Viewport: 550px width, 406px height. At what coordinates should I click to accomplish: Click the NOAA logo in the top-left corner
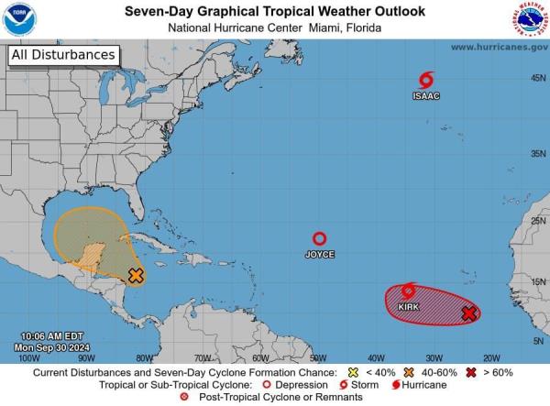[18, 19]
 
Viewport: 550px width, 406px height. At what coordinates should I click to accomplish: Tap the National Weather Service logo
[531, 19]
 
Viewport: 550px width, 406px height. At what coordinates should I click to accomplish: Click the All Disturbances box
[63, 55]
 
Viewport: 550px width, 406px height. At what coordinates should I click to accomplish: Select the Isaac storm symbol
[425, 81]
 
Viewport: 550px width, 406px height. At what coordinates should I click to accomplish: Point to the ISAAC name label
[425, 95]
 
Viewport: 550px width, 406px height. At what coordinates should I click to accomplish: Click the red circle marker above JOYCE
[319, 238]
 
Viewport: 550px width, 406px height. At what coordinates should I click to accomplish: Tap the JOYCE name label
[319, 254]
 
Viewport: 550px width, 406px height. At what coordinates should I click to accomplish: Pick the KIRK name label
[409, 307]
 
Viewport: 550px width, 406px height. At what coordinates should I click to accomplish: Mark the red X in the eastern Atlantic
[468, 313]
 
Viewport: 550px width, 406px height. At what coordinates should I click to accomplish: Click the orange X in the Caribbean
[136, 275]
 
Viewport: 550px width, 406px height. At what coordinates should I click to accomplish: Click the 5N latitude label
[538, 340]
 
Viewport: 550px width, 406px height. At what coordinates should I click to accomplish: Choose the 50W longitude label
[316, 358]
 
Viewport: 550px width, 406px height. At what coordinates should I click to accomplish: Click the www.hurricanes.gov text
[499, 47]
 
